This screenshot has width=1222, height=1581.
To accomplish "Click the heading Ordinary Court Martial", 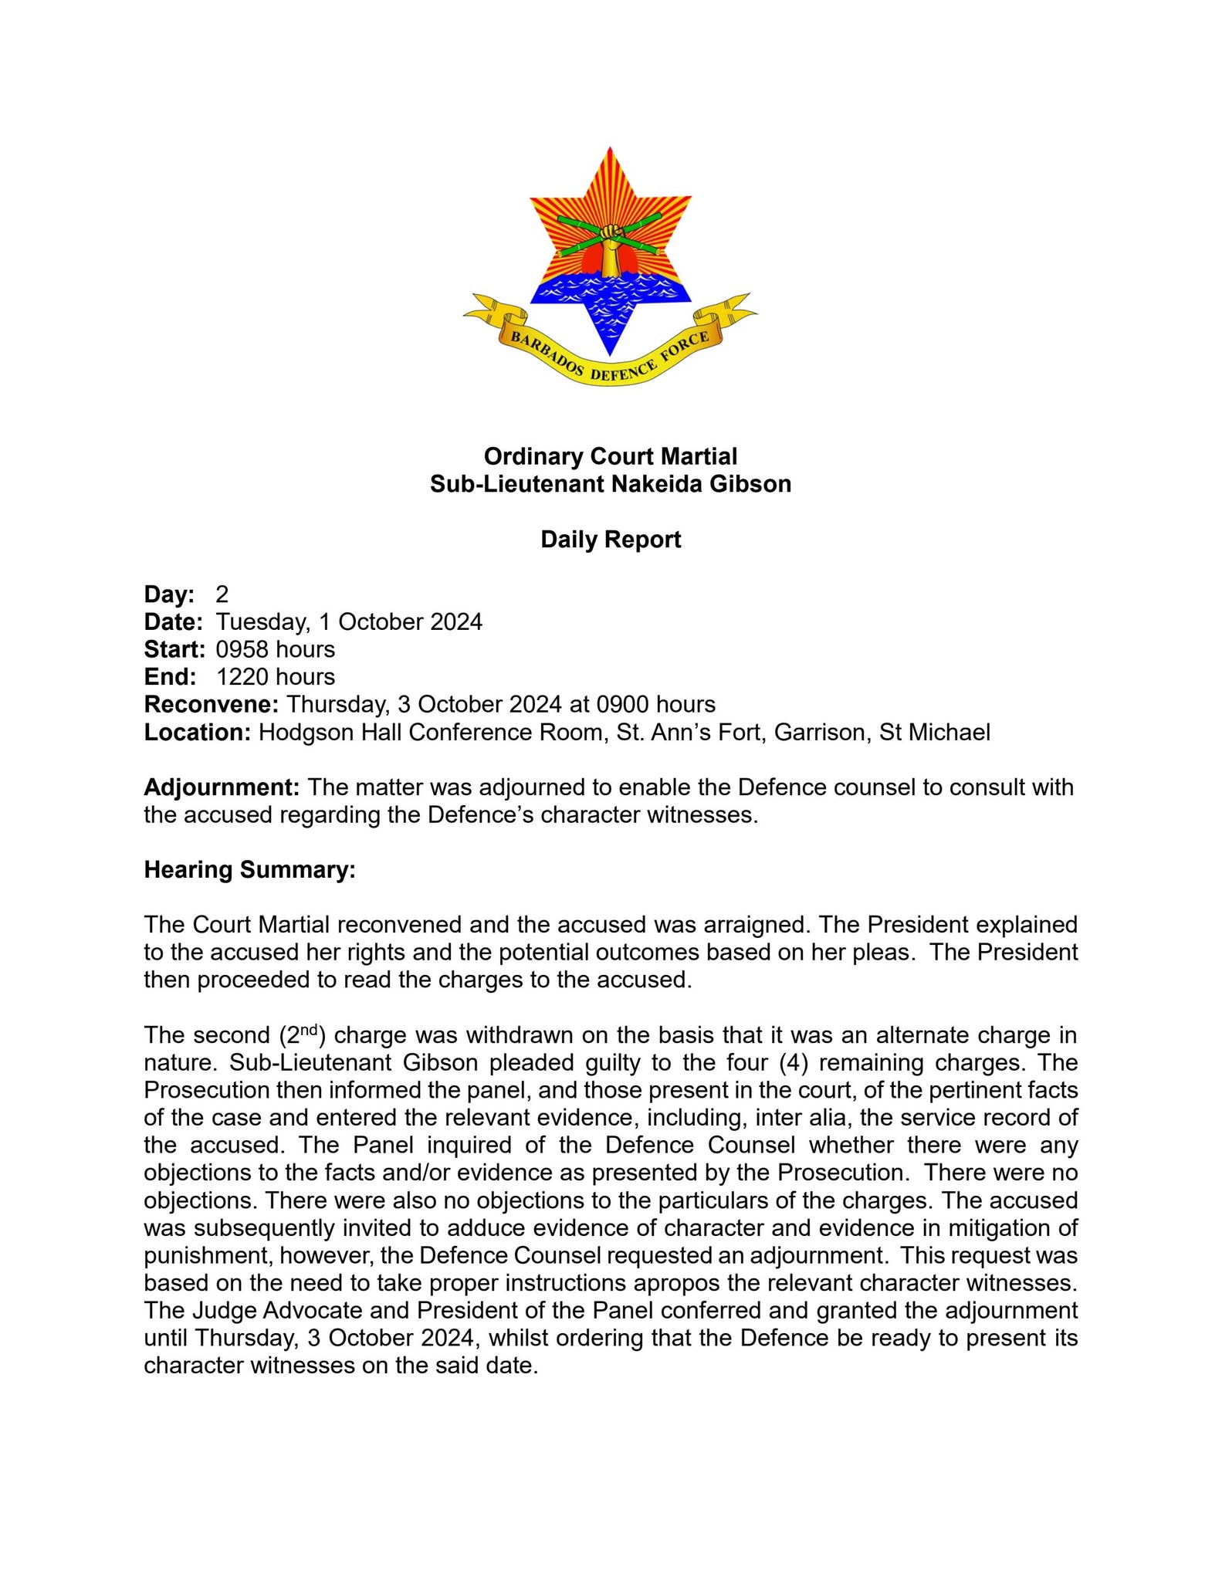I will point(610,456).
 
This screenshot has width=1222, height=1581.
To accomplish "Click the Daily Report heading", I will point(610,539).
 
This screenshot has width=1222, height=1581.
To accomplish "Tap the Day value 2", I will point(222,594).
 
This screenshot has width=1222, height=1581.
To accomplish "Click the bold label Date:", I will point(173,621).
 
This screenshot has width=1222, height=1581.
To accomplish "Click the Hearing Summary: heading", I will point(249,870).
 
